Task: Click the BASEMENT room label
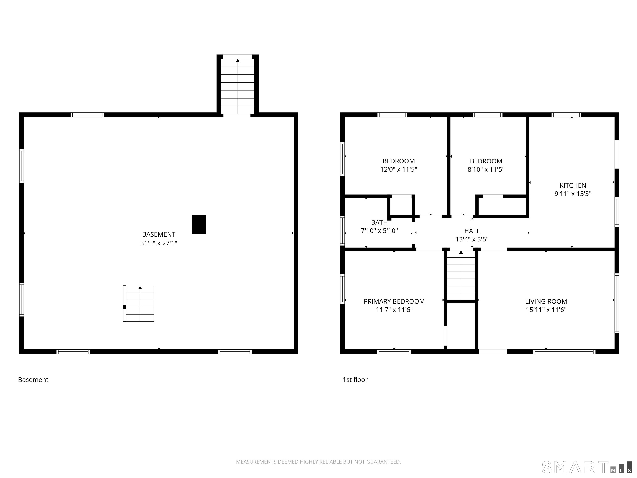click(x=159, y=234)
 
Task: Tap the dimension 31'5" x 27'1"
click(x=159, y=243)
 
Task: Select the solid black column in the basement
click(x=199, y=224)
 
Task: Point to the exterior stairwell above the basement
click(x=238, y=85)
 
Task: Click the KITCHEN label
click(x=573, y=185)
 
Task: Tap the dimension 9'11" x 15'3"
click(x=573, y=194)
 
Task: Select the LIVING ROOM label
click(x=546, y=301)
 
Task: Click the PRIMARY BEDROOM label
click(x=394, y=301)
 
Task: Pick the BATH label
click(x=379, y=222)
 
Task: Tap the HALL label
click(x=472, y=231)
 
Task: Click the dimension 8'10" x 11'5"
click(x=486, y=169)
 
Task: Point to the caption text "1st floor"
click(x=355, y=379)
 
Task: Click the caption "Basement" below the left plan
click(x=33, y=379)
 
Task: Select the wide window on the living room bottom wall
click(x=564, y=351)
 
